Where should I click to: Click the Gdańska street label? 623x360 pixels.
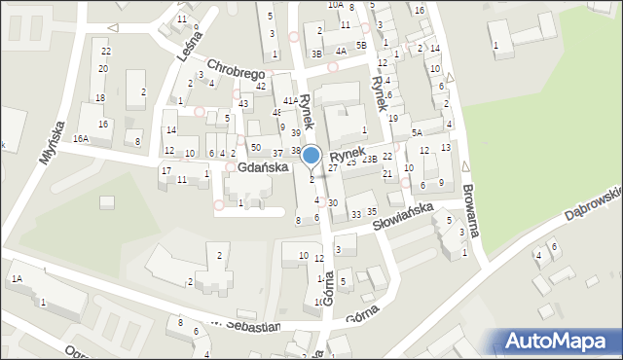263,167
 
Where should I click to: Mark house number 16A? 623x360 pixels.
80,139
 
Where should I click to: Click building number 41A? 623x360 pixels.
290,100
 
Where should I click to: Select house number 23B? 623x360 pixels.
369,159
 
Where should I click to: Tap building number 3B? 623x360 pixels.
316,54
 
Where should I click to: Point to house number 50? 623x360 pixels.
255,147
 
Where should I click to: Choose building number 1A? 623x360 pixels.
16,279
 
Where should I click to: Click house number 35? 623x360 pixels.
371,212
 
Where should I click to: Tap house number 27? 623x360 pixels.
332,168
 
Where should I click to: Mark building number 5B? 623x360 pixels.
361,46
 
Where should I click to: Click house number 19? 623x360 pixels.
392,118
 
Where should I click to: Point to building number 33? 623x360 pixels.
356,214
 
